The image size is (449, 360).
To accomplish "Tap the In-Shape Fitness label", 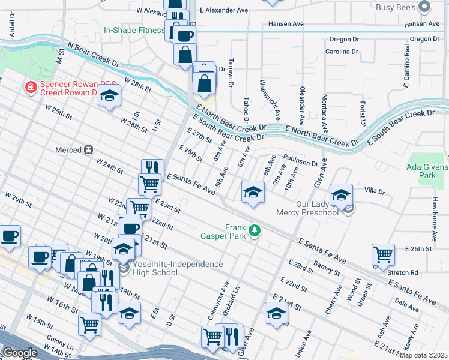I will (x=134, y=30).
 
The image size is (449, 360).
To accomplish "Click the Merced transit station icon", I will (x=88, y=149).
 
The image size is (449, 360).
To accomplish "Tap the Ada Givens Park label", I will (x=427, y=171).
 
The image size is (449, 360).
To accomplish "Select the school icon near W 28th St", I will (x=109, y=95).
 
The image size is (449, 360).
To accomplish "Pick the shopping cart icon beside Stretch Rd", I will (x=382, y=254).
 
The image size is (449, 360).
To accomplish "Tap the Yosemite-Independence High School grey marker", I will (x=124, y=268).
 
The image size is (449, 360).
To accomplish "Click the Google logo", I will (x=20, y=353).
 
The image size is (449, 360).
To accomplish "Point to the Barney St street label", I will (x=327, y=267).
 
